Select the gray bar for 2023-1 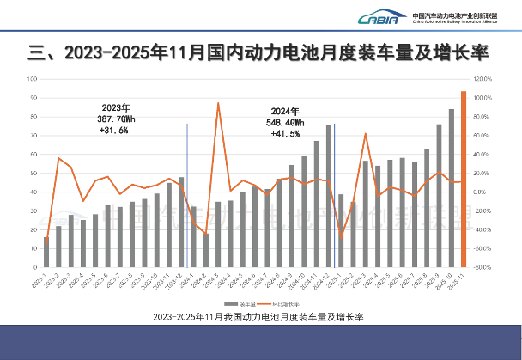click(46, 252)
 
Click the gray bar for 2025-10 click(452, 187)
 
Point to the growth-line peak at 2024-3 click(218, 103)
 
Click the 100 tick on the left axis click(31, 78)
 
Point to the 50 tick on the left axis click(32, 173)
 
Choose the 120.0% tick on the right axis click(482, 78)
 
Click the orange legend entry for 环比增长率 click(287, 304)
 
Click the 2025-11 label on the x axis click(463, 281)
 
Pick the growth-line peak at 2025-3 click(366, 134)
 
